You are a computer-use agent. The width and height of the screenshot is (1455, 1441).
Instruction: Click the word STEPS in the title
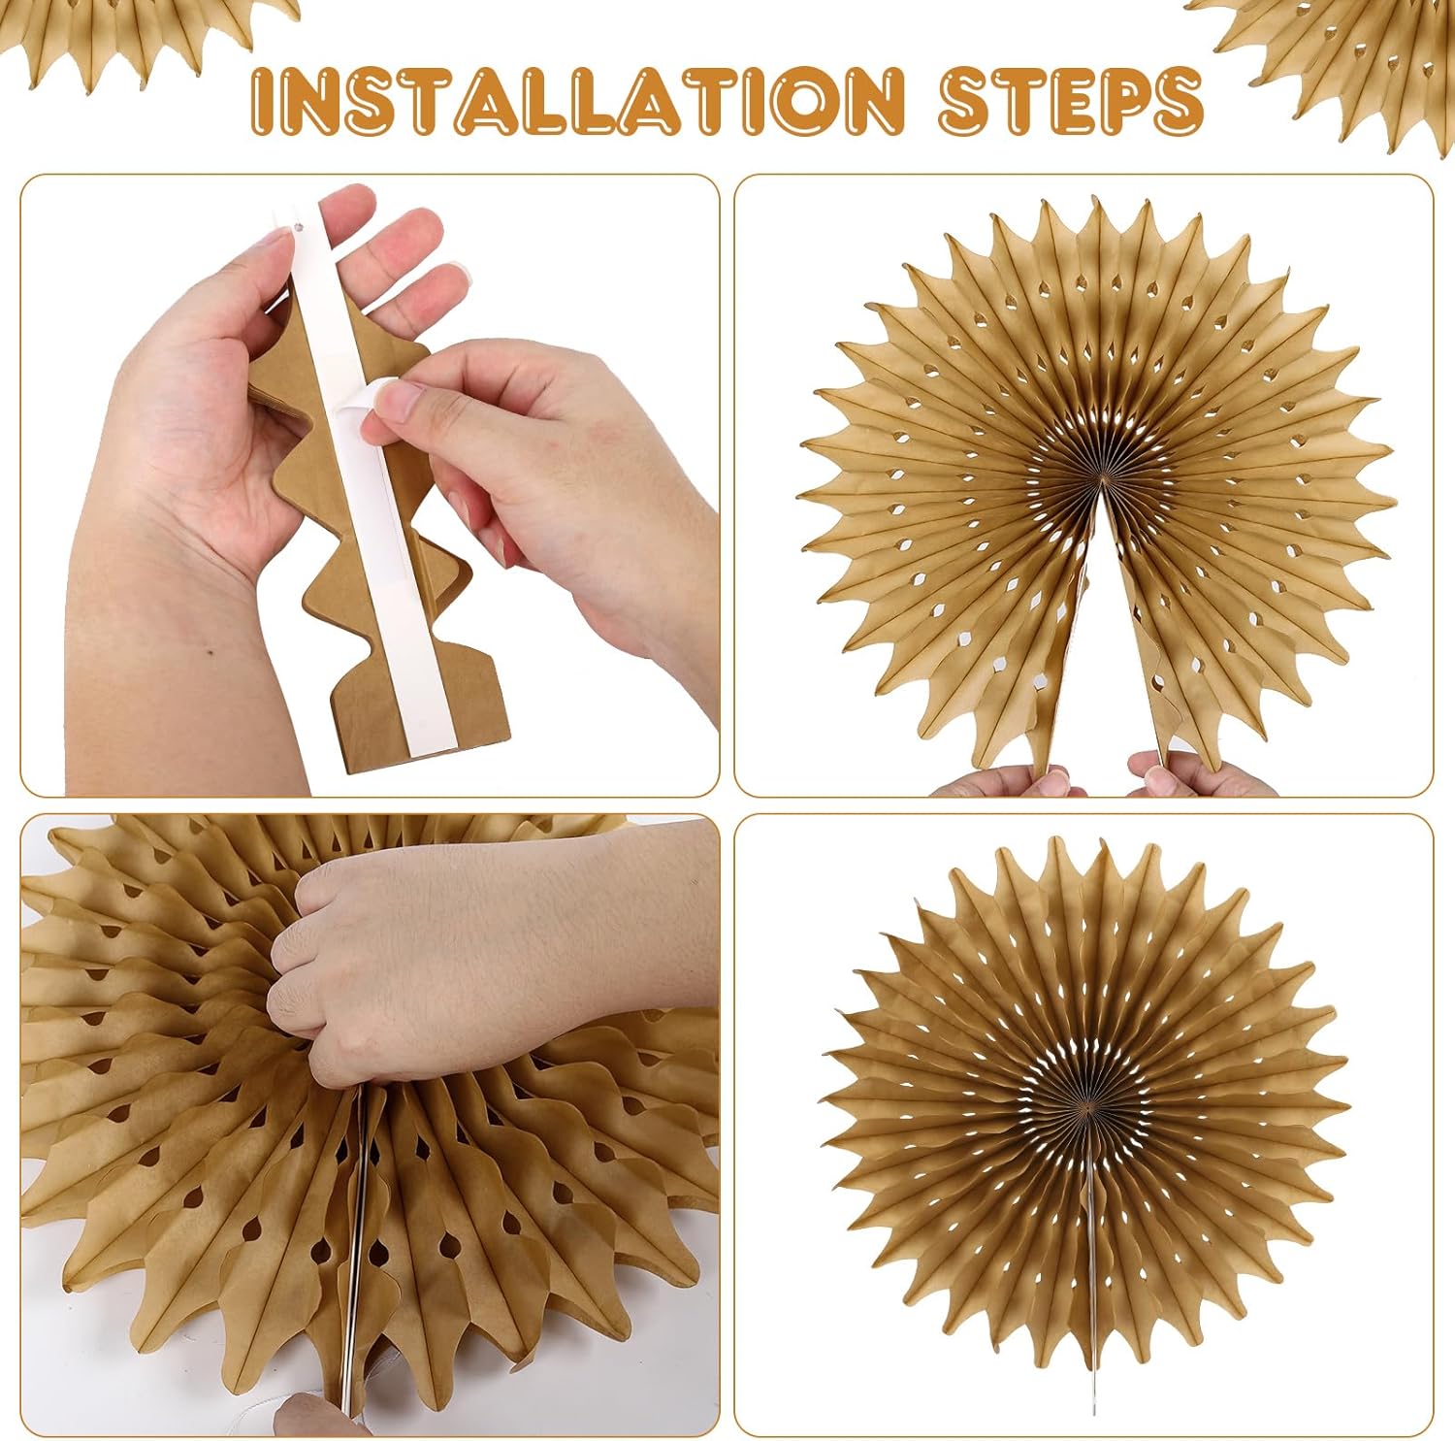pos(1071,100)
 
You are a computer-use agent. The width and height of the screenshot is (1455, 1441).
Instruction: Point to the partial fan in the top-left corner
pos(145,39)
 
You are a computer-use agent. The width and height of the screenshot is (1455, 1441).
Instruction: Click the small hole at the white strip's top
pos(291,229)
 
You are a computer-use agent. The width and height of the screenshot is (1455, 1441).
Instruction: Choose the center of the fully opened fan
pos(1088,1106)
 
